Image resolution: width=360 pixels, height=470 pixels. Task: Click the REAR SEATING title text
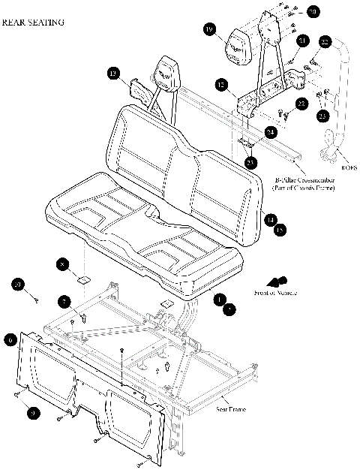[x=33, y=23]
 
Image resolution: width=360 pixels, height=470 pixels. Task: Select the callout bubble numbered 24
[x=270, y=131]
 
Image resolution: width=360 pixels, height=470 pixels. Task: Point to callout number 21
[x=302, y=40]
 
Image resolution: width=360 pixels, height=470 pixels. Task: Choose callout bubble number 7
[x=65, y=302]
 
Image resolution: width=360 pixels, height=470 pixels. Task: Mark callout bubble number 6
[x=10, y=339]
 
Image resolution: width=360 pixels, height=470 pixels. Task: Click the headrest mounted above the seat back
[x=167, y=74]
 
